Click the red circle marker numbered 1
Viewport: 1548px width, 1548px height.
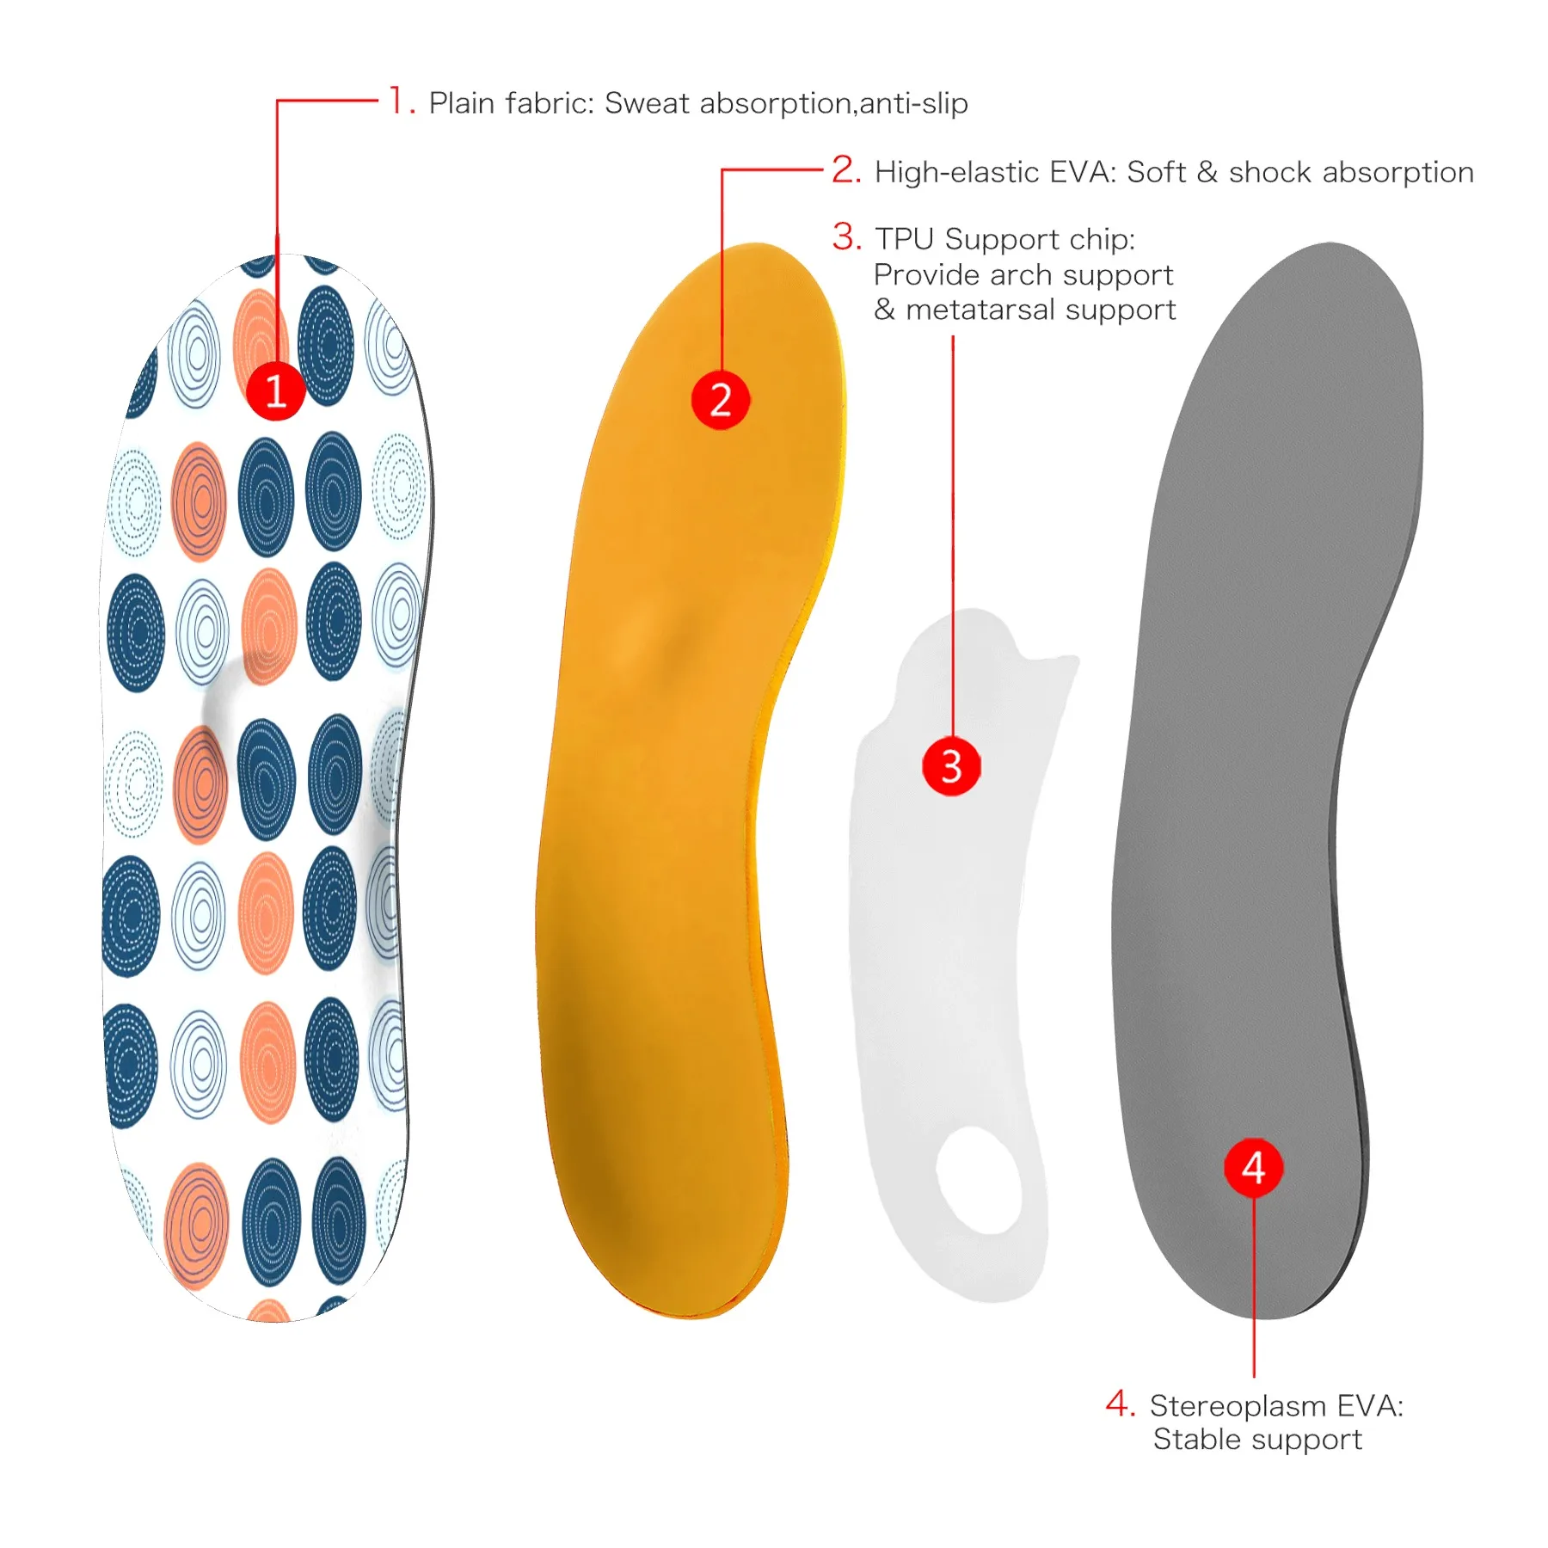(275, 391)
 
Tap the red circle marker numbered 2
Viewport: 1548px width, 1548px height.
(721, 400)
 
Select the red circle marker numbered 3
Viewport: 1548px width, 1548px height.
(951, 765)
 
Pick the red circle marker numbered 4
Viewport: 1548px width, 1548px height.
(1254, 1167)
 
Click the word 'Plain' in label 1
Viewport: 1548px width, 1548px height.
(462, 103)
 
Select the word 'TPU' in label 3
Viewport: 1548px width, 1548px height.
(906, 239)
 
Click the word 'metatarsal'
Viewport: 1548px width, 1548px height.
(983, 309)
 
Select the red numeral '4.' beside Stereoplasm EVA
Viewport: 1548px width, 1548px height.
(1121, 1404)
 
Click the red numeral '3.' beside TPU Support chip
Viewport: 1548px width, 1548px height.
(847, 236)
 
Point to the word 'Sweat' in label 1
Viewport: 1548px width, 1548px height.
(648, 103)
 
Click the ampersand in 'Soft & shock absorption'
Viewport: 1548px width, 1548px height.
(1207, 172)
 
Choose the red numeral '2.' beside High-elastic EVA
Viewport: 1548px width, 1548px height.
(846, 169)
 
